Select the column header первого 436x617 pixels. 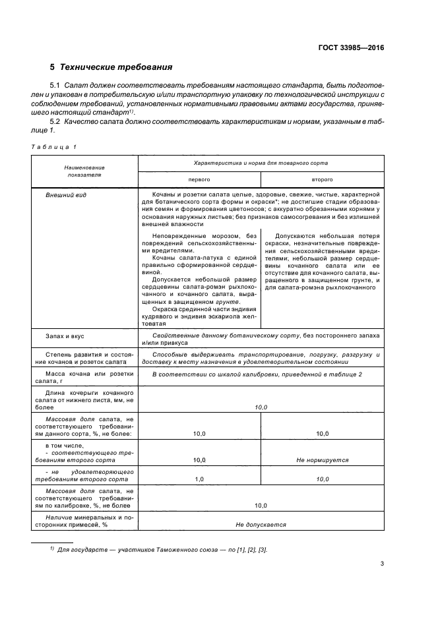pyautogui.click(x=199, y=179)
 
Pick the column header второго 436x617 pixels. pyautogui.click(x=322, y=179)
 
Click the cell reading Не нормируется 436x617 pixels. pyautogui.click(x=322, y=460)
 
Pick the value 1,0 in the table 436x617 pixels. pyautogui.click(x=199, y=480)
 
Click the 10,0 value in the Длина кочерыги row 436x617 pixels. pyautogui.click(x=261, y=408)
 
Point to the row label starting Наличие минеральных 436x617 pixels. pyautogui.click(x=88, y=521)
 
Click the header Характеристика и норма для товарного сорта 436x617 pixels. pyautogui.click(x=261, y=162)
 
